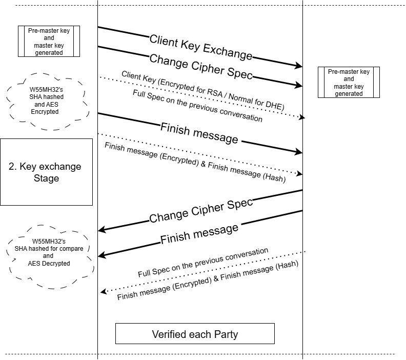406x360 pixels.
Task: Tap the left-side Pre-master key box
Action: (49, 41)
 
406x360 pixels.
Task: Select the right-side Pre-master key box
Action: (349, 82)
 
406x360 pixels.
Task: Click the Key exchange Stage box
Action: (46, 172)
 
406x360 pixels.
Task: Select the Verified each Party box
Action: (195, 334)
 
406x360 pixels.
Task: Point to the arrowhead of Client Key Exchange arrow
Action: (299, 66)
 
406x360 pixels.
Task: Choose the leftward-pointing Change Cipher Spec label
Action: (201, 211)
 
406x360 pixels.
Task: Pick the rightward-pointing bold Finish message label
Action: (199, 133)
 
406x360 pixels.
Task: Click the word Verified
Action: (170, 334)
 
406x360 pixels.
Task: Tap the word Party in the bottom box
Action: (226, 334)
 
